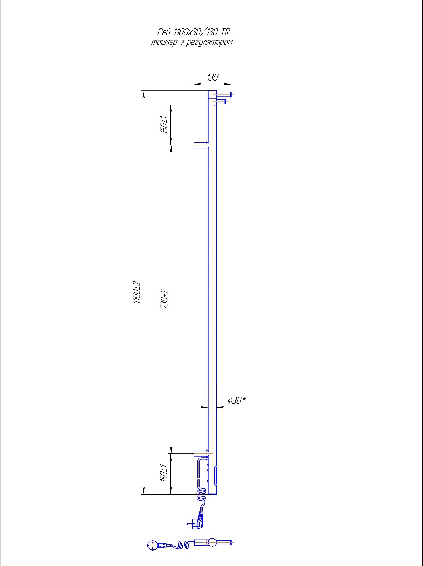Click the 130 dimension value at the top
(x=213, y=77)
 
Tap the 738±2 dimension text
(x=164, y=299)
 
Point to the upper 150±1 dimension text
(x=164, y=124)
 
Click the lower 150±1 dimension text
(x=164, y=473)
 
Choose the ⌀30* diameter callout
(x=237, y=400)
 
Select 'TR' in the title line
(x=225, y=32)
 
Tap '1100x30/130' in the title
(x=196, y=32)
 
